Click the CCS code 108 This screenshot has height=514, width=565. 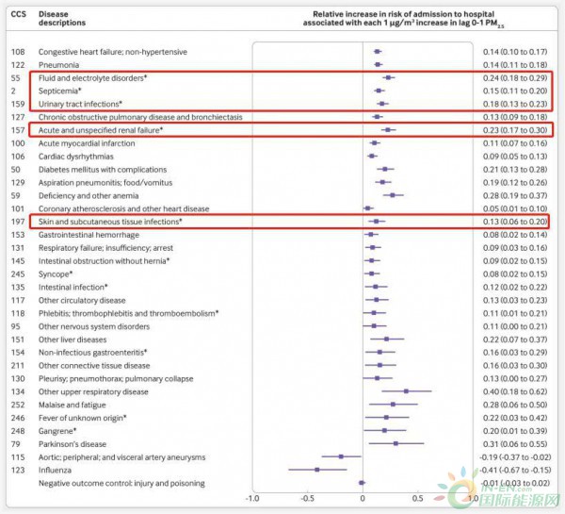point(17,51)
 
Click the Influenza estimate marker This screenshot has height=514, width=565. point(317,470)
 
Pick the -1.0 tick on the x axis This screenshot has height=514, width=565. point(252,498)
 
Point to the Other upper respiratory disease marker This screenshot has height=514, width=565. point(407,390)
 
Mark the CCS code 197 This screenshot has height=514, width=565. point(17,221)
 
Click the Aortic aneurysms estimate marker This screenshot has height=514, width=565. point(341,456)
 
